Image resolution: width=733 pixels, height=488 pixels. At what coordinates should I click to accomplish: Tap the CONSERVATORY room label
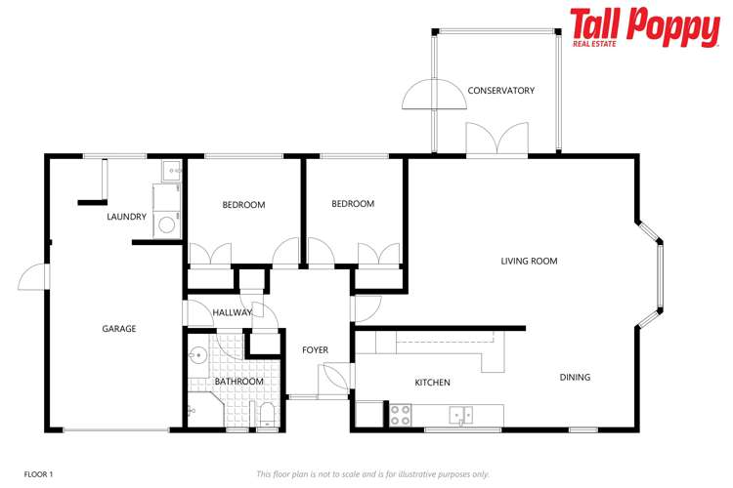coord(500,91)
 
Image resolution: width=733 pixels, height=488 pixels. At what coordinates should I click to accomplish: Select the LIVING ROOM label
coord(529,261)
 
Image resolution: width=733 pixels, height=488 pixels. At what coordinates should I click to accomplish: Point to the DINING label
coord(575,377)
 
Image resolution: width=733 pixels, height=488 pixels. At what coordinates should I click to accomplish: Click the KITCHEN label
coord(432,382)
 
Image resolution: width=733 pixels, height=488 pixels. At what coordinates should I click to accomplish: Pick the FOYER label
coord(315,349)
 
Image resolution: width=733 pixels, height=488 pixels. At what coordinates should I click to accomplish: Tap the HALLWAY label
coord(232,312)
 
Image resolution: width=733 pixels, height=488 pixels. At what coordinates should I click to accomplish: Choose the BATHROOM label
coord(239,381)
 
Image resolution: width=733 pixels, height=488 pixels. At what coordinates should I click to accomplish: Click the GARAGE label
coord(119,329)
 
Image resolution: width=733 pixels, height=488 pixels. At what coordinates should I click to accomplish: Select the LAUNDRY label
coord(127,217)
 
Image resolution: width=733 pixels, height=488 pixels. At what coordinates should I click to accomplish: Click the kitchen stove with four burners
coord(401,415)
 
